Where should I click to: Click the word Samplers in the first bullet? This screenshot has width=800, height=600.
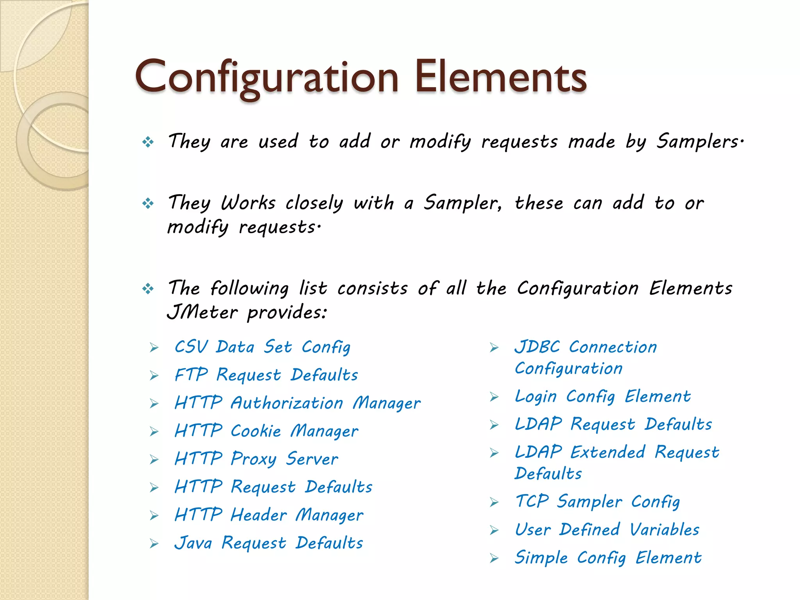click(697, 141)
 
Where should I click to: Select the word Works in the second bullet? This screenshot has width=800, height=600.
click(248, 203)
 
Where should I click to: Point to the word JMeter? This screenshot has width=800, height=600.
click(202, 312)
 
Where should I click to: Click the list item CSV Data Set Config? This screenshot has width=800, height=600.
click(262, 347)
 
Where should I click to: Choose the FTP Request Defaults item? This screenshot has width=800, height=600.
click(266, 375)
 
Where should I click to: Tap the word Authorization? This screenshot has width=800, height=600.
click(287, 403)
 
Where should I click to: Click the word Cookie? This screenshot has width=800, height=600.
click(255, 431)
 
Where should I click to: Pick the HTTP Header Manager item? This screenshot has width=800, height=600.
click(269, 515)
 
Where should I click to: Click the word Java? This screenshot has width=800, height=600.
click(193, 543)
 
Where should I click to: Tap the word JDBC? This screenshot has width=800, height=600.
click(537, 347)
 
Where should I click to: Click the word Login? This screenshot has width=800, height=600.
click(536, 397)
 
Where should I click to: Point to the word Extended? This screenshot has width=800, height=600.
click(607, 452)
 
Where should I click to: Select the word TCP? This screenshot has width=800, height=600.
click(532, 502)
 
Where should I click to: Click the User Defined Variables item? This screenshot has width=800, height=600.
click(607, 530)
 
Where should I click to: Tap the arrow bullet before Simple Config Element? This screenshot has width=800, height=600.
click(495, 559)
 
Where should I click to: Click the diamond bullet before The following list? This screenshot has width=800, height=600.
click(148, 289)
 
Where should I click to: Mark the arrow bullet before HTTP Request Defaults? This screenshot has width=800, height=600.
click(154, 487)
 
